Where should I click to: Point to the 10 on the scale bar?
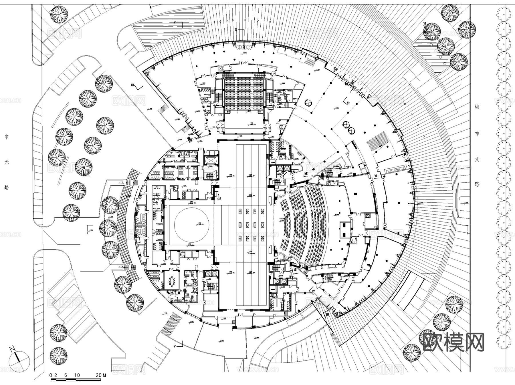coord(77,375)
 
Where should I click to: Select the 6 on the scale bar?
coord(66,375)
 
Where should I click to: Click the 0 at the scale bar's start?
coord(51,375)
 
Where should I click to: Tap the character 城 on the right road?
coord(477,107)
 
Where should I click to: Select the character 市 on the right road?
coord(477,133)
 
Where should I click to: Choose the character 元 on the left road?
coord(7,162)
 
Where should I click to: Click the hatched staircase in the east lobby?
coord(379,141)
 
